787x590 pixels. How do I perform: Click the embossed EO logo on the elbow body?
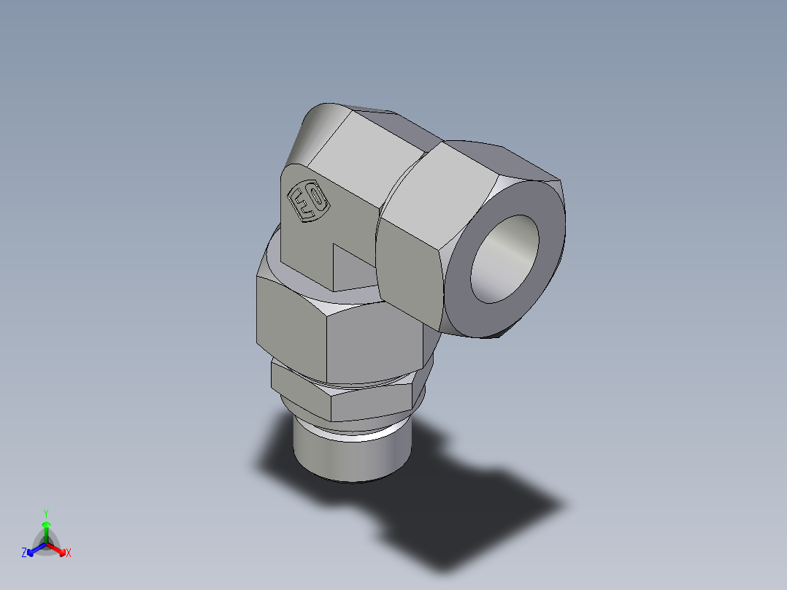[307, 201]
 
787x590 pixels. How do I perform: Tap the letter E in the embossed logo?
[301, 204]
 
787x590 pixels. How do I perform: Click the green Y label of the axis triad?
[46, 513]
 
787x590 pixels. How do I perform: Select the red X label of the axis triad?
[69, 553]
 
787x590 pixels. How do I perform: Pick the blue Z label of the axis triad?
[24, 553]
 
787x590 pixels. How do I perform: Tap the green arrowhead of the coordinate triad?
[46, 525]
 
